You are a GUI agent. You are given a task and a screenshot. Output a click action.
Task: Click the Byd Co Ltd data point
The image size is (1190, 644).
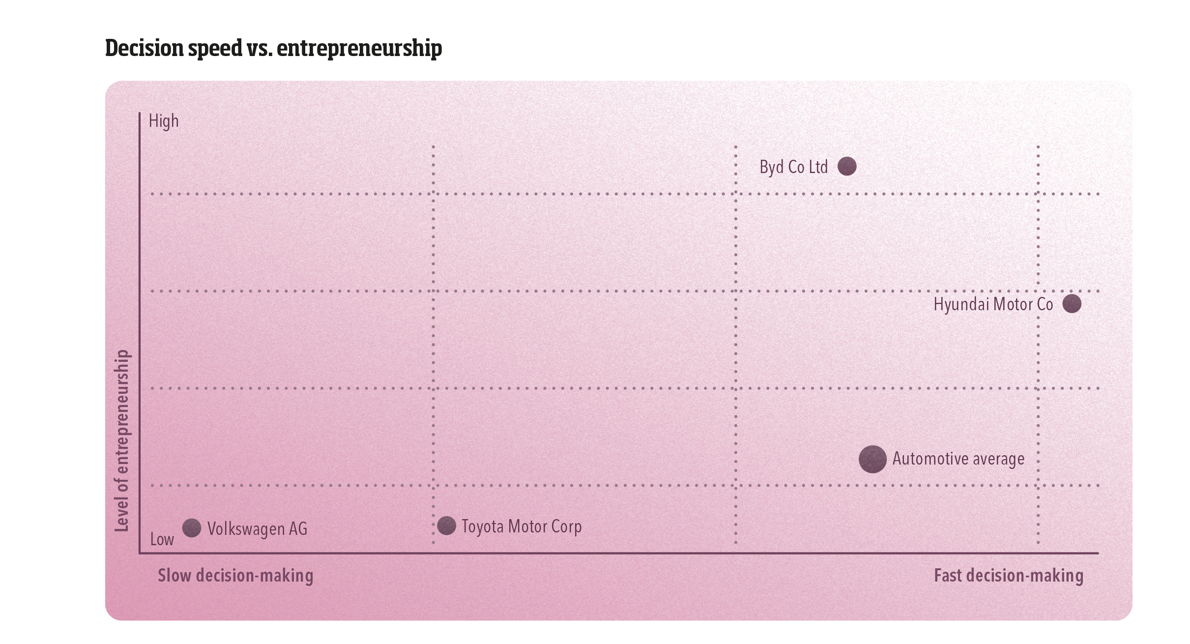pos(847,166)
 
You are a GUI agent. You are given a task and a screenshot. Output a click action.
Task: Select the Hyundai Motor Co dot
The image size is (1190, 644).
pos(1072,303)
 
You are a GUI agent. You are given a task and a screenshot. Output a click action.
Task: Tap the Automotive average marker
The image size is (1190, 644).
pos(872,459)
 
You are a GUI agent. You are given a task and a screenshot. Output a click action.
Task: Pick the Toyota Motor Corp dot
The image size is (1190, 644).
pos(446,526)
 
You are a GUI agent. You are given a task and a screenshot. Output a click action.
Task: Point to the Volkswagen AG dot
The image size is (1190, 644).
pos(192,528)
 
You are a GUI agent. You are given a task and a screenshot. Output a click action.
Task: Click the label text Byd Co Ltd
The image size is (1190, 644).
pos(793,167)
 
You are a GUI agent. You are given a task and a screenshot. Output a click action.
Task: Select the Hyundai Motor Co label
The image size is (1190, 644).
pos(993,304)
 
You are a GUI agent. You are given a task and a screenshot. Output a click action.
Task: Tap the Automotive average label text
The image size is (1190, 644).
pos(958,459)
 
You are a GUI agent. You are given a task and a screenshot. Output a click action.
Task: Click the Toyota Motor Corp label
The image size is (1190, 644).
pos(521,527)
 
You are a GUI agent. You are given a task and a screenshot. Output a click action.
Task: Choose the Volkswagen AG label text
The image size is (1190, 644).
pos(257,529)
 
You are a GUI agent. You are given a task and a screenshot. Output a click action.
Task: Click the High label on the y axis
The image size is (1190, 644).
pos(164,121)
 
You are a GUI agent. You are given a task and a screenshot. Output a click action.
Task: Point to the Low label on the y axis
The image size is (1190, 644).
pos(162,539)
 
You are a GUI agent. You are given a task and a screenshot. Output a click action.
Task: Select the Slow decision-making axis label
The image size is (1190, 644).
pos(235,575)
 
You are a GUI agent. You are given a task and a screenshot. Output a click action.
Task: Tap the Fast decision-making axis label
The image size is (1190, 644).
pos(1008,575)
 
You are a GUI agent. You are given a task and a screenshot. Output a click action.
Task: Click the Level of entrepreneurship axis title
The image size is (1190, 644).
pos(121,441)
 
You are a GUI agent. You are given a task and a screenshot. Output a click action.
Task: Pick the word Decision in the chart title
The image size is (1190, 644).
pos(145,48)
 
